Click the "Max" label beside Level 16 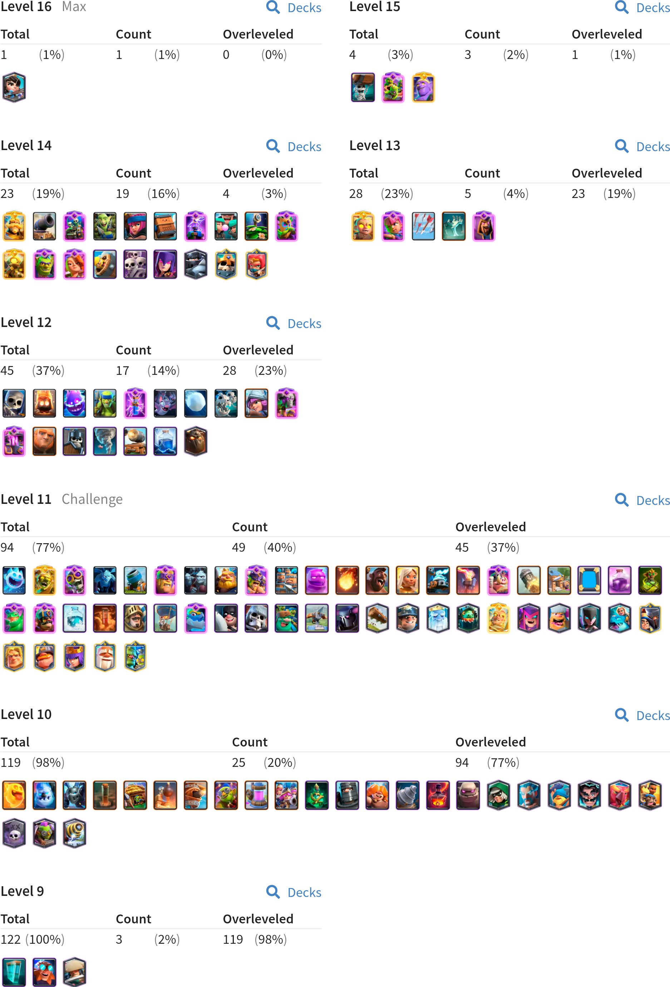click(74, 7)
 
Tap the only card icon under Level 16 click(14, 88)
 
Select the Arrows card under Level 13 click(423, 226)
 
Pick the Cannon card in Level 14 click(44, 226)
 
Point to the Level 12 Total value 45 click(7, 371)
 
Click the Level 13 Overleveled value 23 click(578, 194)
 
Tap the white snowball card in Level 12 click(196, 403)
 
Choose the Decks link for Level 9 click(304, 892)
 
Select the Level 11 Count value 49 click(239, 547)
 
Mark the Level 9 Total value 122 click(11, 939)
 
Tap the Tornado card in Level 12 click(104, 441)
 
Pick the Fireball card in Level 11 click(347, 580)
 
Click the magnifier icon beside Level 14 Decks click(273, 146)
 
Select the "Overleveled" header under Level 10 click(491, 742)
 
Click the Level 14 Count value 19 click(123, 194)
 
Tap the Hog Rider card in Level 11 click(377, 580)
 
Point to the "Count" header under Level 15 click(482, 34)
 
